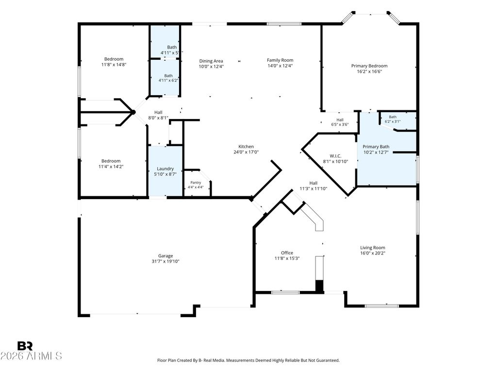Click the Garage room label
(166, 256)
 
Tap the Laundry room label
(165, 169)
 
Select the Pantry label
(196, 183)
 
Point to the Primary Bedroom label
(369, 66)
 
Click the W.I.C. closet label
(335, 156)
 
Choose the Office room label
(287, 253)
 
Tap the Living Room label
(372, 248)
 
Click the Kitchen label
(246, 147)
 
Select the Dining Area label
(211, 61)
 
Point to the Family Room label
(280, 60)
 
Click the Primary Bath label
(376, 147)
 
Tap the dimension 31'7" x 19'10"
(166, 261)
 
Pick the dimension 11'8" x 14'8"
(114, 65)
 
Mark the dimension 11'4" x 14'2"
(111, 166)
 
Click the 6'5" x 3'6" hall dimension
(340, 124)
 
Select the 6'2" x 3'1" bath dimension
(393, 121)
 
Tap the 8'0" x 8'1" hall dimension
(158, 118)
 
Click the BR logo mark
(25, 346)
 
